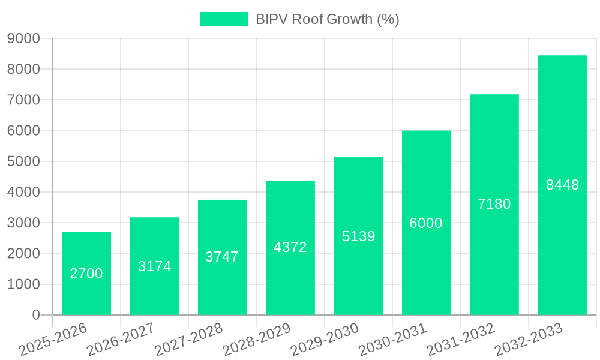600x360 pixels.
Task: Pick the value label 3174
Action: tap(155, 266)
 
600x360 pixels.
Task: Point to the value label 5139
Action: tap(359, 236)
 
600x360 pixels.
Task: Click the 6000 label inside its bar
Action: tap(426, 223)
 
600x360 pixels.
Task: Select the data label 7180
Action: tap(494, 204)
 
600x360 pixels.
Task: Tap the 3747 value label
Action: tap(222, 257)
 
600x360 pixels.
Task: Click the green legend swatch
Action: tap(224, 19)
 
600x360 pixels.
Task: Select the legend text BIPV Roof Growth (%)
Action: tap(328, 19)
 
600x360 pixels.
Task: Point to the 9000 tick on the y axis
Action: tap(23, 38)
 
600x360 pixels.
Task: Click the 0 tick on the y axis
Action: tap(36, 315)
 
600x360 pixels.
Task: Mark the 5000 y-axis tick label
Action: tap(23, 161)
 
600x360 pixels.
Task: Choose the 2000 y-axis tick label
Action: tap(23, 254)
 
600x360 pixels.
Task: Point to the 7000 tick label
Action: tap(23, 100)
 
